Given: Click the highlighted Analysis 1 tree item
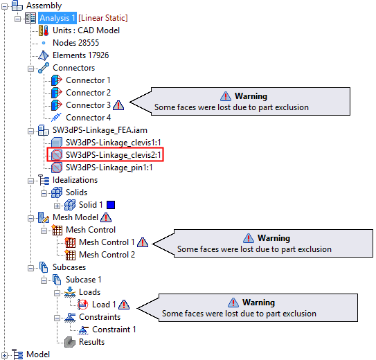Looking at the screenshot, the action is point(57,18).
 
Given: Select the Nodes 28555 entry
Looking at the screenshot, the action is point(75,43).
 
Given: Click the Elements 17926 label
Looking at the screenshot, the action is point(80,55).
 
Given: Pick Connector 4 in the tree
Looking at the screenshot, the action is point(88,118).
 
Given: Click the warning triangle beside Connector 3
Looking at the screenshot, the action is point(118,105).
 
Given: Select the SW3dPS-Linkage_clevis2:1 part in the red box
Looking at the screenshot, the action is point(113,155).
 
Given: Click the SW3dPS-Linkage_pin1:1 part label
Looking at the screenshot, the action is point(109,168).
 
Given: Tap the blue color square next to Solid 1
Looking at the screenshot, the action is point(111,205).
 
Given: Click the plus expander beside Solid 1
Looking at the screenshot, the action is point(57,206).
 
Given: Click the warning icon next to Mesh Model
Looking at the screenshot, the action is point(106,217).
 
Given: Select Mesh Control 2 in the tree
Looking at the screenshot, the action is point(107,255).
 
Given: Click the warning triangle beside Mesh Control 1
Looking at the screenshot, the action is point(143,242).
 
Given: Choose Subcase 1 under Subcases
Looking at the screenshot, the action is point(84,280).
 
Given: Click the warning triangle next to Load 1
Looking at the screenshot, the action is point(124,305).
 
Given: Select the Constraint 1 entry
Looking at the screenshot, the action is point(114,330).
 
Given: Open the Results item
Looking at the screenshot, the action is point(91,342).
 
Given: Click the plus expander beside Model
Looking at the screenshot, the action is point(4,355).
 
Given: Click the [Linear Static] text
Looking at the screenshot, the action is point(103,18).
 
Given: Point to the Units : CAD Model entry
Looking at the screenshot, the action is point(86,30).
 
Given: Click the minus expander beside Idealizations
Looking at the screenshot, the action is point(30,181).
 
